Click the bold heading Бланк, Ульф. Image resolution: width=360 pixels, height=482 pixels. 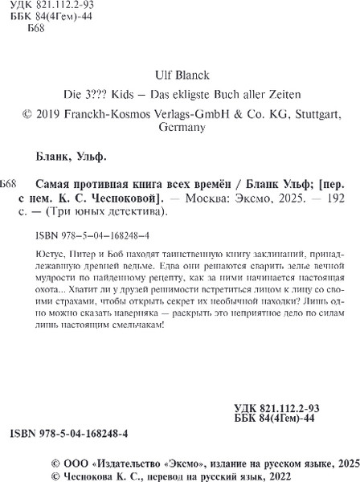(76, 157)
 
